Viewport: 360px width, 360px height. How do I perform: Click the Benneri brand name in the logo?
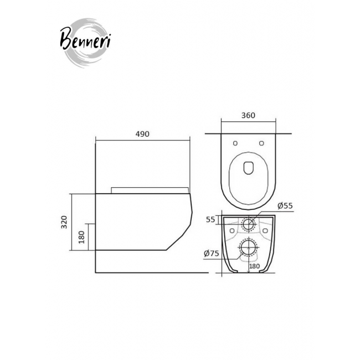85,39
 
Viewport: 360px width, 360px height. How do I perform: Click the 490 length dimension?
142,134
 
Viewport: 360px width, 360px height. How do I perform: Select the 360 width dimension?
248,115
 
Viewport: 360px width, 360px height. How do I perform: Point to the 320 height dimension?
64,222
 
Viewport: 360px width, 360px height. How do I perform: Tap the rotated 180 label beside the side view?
81,237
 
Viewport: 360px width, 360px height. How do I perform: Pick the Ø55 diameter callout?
285,205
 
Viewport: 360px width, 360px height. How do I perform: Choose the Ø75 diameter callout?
212,254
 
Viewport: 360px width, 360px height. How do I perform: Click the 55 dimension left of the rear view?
210,220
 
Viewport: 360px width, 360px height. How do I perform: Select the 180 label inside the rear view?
254,266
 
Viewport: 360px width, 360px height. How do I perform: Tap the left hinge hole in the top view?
235,143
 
